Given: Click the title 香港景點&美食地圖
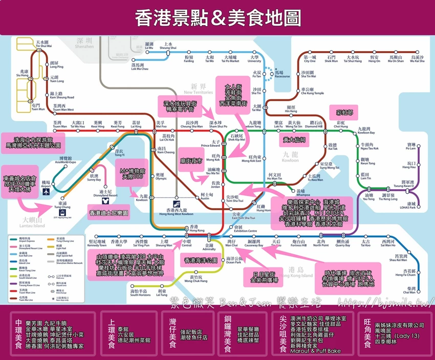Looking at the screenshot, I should (217, 18).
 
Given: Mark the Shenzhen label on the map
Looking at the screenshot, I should (84, 43).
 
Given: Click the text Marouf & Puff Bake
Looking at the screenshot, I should (312, 351).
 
